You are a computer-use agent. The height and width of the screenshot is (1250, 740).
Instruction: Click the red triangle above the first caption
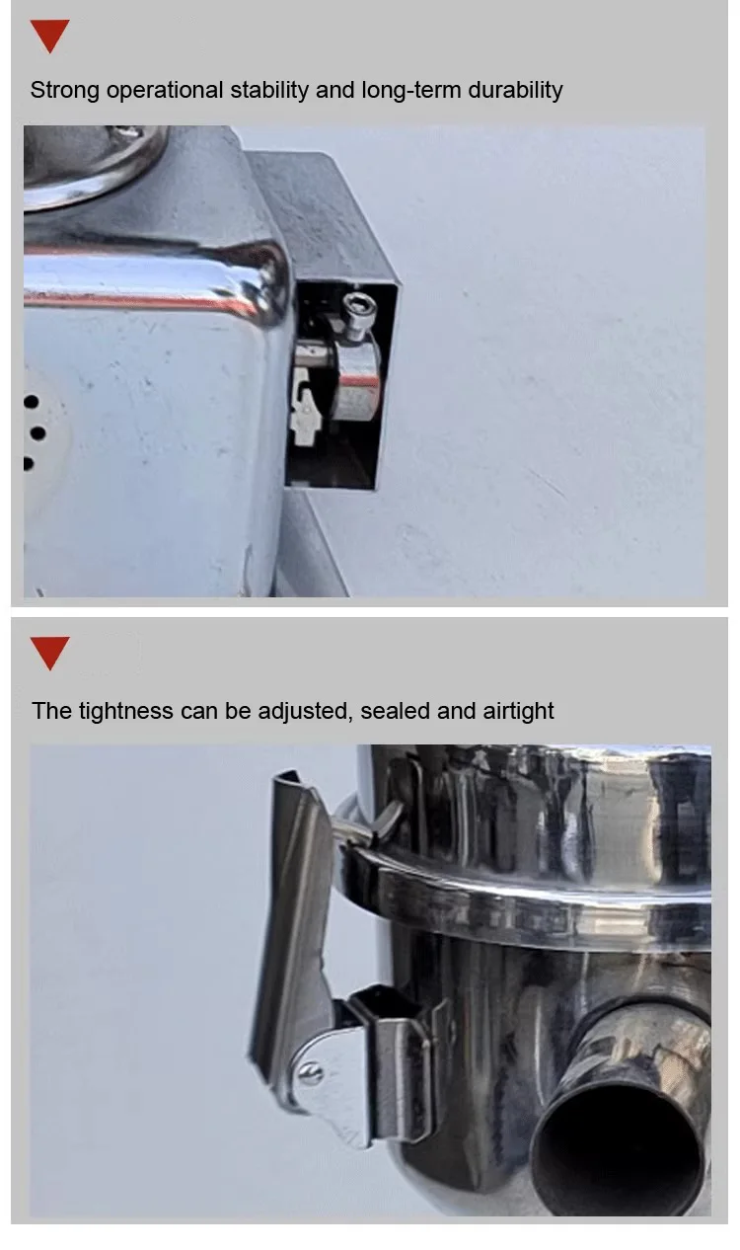point(49,36)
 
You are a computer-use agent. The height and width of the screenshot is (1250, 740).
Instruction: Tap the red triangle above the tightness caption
point(49,654)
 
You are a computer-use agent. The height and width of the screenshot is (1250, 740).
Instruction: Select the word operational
point(164,90)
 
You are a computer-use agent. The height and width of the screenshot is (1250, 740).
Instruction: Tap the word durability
point(515,90)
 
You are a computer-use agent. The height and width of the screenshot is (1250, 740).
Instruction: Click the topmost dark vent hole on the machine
point(31,403)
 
